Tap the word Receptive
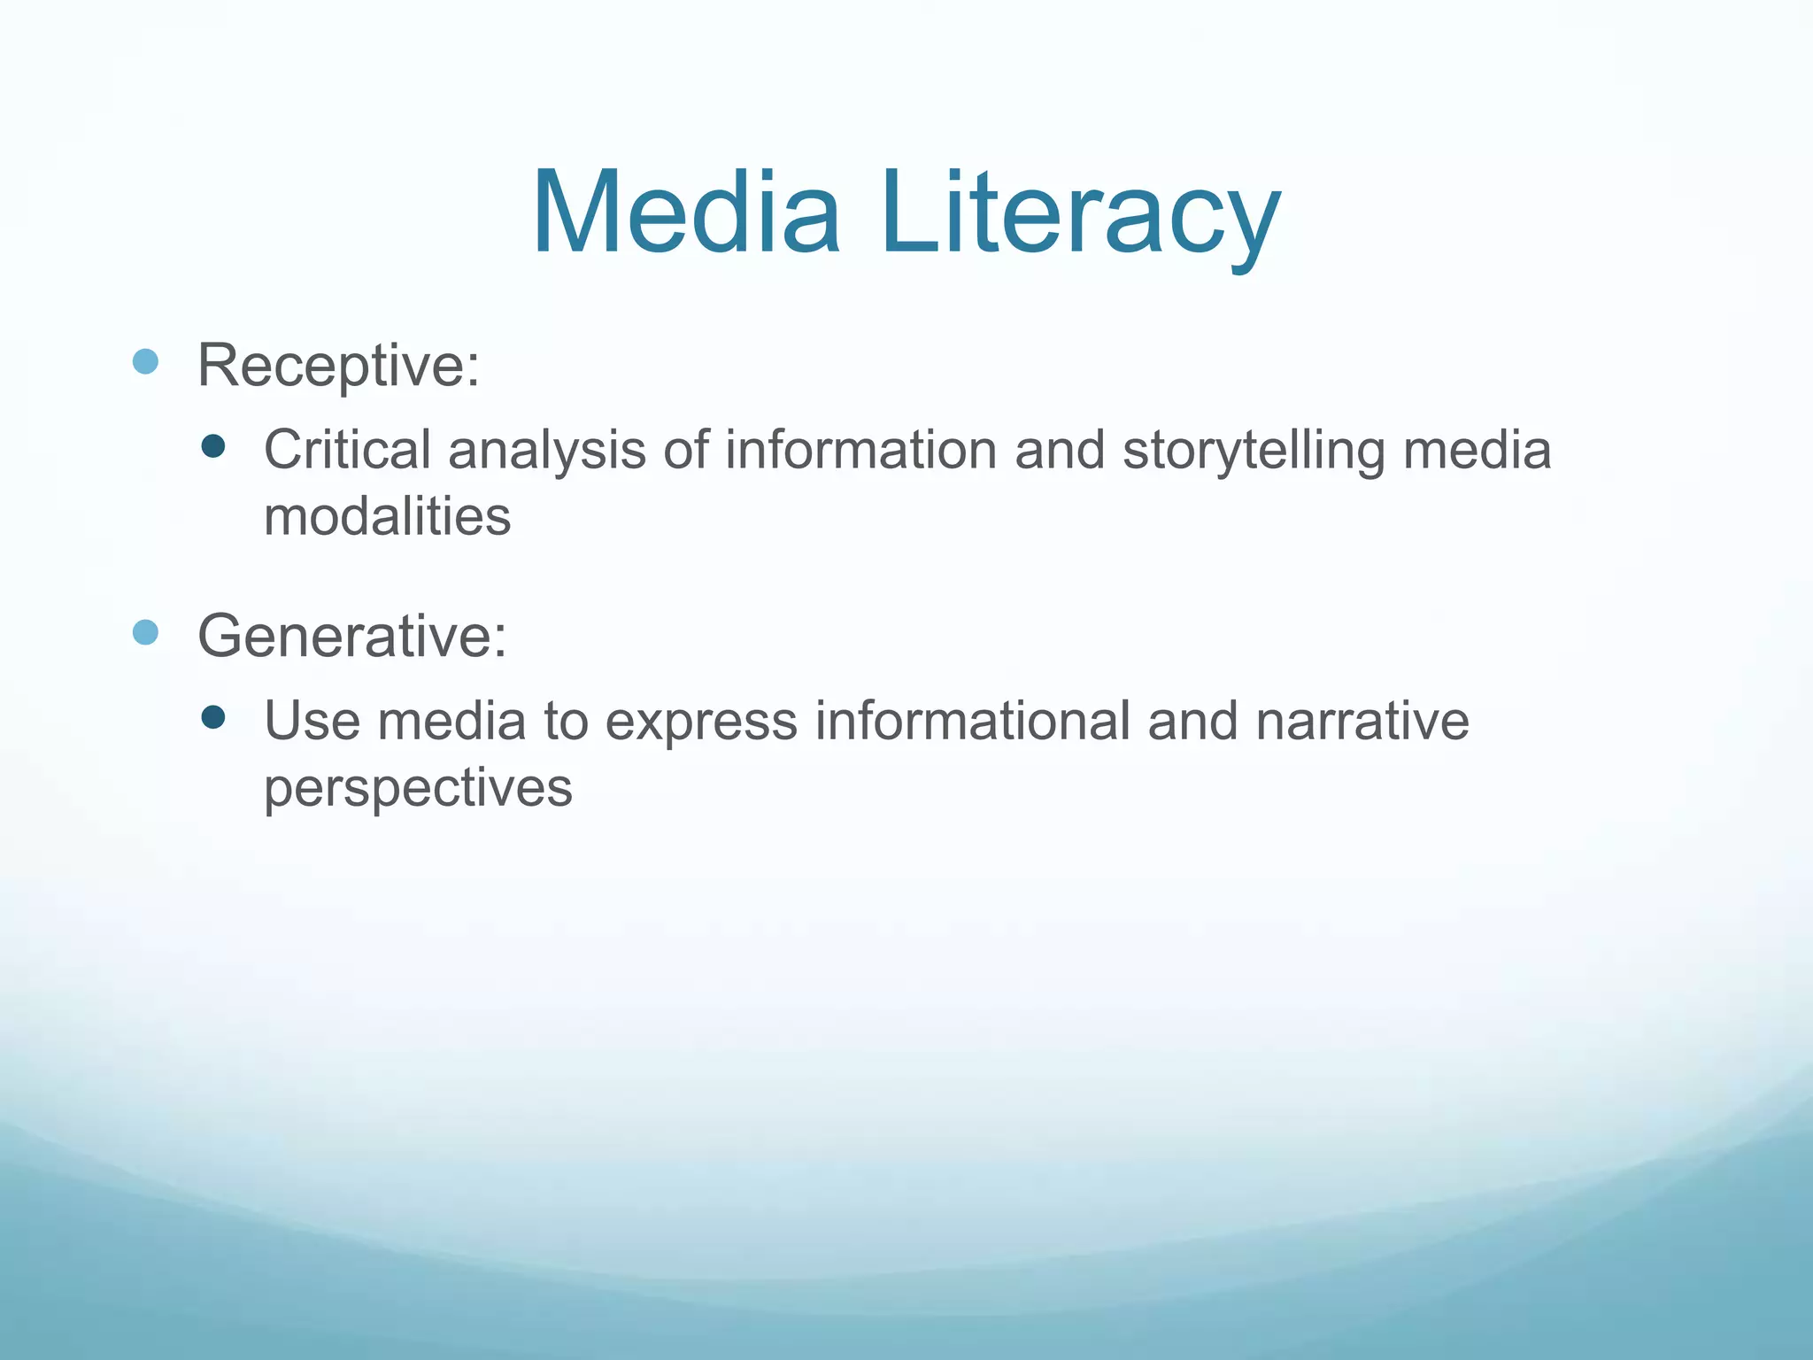[x=338, y=365]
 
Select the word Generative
[x=352, y=636]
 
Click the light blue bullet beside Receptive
[x=145, y=361]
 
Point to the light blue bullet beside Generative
[x=145, y=632]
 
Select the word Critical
[x=347, y=450]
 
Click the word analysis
[x=547, y=450]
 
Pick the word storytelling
[x=1254, y=450]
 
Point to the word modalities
[x=388, y=517]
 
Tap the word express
[x=701, y=721]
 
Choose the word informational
[x=972, y=721]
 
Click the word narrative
[x=1362, y=721]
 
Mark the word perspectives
[x=418, y=788]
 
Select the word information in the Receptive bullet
[x=860, y=450]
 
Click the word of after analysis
[x=686, y=450]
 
